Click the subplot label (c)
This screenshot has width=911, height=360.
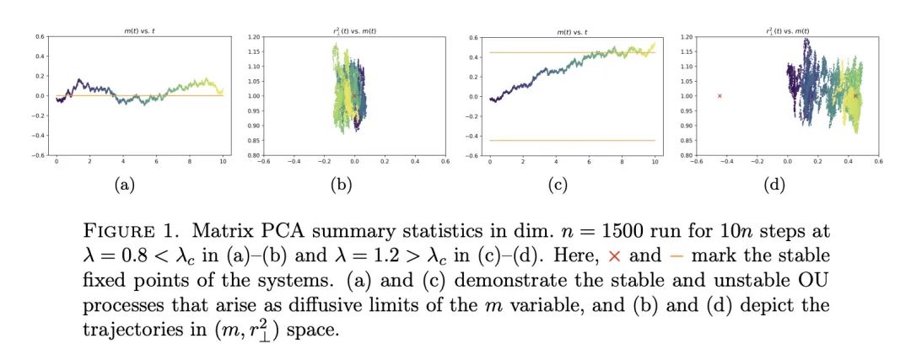[x=558, y=186]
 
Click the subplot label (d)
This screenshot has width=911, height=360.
[x=774, y=186]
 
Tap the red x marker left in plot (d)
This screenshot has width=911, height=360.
[x=720, y=96]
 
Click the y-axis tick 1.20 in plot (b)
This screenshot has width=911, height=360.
[x=251, y=37]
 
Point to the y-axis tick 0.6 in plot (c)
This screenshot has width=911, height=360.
[x=472, y=37]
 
